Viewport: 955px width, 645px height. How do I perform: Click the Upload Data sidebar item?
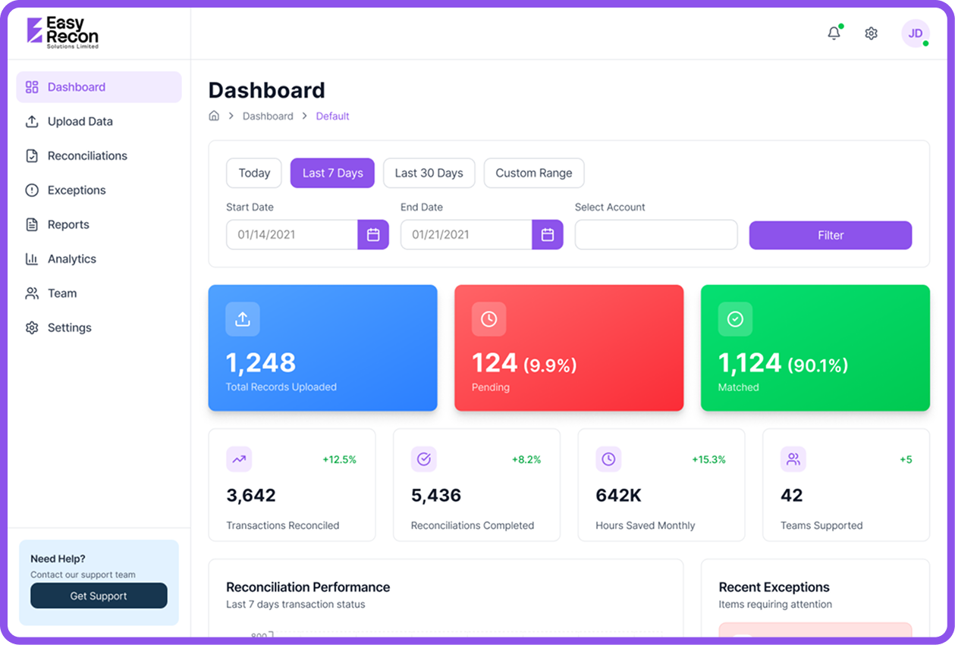80,121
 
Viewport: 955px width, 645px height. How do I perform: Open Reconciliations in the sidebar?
86,155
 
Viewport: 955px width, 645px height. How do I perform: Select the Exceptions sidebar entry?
76,190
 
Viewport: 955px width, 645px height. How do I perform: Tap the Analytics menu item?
71,258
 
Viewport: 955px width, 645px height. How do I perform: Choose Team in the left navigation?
61,293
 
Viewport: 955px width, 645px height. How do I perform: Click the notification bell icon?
834,33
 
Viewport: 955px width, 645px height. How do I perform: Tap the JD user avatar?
915,33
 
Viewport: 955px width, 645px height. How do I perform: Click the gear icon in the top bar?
871,33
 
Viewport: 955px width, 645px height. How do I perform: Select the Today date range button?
254,173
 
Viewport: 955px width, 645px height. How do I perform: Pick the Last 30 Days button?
429,173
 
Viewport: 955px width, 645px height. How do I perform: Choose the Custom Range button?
533,173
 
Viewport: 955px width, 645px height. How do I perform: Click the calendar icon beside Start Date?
373,235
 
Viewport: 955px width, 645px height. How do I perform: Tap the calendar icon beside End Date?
548,235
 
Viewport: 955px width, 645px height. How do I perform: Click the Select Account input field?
655,235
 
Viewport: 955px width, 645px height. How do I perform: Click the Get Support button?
99,596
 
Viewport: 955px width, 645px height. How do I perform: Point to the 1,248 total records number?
261,363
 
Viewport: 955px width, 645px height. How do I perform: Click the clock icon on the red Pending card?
488,319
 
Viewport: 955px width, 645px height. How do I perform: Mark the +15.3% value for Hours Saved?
708,459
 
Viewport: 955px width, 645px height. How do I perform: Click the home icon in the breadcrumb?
214,116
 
